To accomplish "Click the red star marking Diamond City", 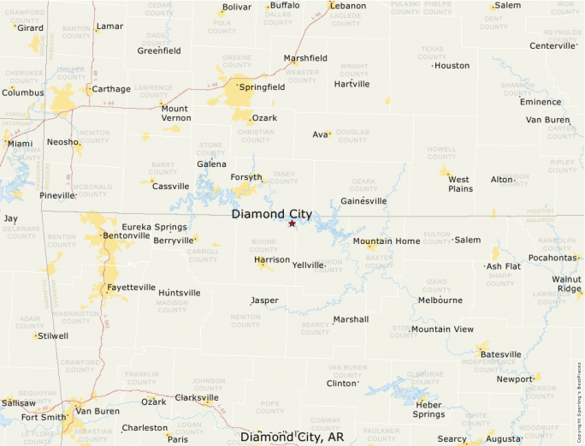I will coord(292,223).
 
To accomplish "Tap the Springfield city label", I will coord(263,87).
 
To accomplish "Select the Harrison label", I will coord(272,259).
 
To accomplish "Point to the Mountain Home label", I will coord(387,241).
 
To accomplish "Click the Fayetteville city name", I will coord(132,288).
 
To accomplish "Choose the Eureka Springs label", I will coord(154,227).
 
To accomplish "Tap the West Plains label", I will coord(460,184).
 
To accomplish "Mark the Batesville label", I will coord(501,354).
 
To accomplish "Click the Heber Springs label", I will coord(428,409).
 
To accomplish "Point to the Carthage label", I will coord(112,89).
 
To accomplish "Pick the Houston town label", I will coord(452,66).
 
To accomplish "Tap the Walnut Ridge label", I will coord(566,283).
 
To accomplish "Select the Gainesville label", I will coord(363,201).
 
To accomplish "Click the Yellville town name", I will coord(308,265).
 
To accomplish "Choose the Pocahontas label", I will coord(553,258).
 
